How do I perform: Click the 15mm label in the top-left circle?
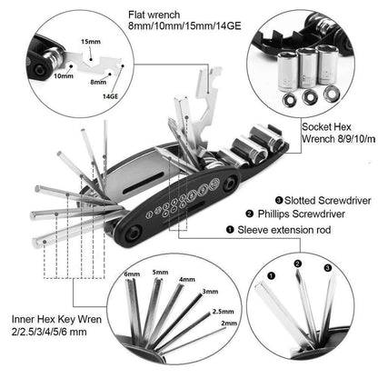click(90, 41)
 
